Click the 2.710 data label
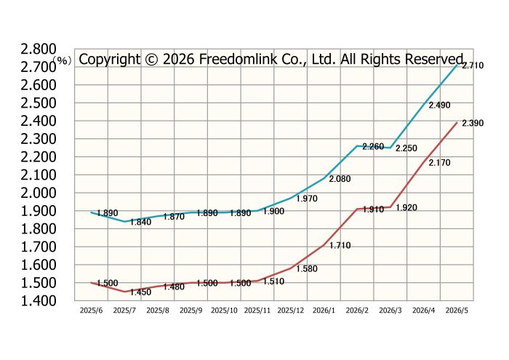pos(473,65)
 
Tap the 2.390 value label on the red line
pos(473,123)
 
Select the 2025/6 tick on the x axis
pos(91,311)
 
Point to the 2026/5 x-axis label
pos(457,311)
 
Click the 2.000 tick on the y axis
pos(39,193)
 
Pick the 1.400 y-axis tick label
pos(39,301)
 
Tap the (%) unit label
pos(62,60)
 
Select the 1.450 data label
pos(140,292)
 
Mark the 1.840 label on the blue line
pos(140,222)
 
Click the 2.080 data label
pos(340,179)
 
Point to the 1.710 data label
pos(340,245)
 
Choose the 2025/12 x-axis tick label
pos(291,311)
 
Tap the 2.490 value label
pos(439,105)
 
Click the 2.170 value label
pos(439,163)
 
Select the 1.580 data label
pos(307,269)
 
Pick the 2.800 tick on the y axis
pos(39,49)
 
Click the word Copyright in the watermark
pos(109,60)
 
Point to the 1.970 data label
pos(307,199)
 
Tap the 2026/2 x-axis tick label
pos(357,311)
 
